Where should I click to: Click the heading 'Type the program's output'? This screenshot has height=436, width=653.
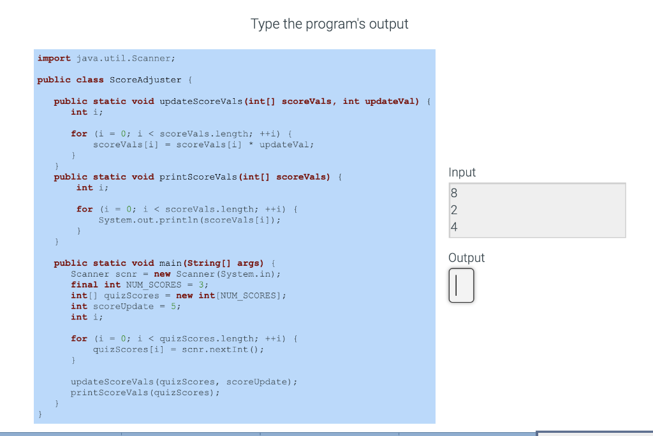(329, 24)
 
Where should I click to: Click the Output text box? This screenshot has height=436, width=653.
(462, 285)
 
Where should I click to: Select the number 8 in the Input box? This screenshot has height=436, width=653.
(454, 193)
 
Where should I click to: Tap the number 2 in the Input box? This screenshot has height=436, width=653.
(454, 210)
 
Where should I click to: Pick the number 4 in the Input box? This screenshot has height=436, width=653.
(454, 227)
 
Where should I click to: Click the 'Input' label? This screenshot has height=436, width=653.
(462, 173)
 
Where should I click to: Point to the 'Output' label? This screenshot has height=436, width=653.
(466, 258)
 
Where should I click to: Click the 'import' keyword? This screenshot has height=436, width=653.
(54, 58)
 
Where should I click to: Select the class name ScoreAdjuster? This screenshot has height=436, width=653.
(146, 80)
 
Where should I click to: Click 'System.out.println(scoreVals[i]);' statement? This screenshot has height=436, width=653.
(189, 220)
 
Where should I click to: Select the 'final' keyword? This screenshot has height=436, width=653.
(84, 285)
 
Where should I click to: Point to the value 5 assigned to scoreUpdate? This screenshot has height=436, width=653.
(177, 307)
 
